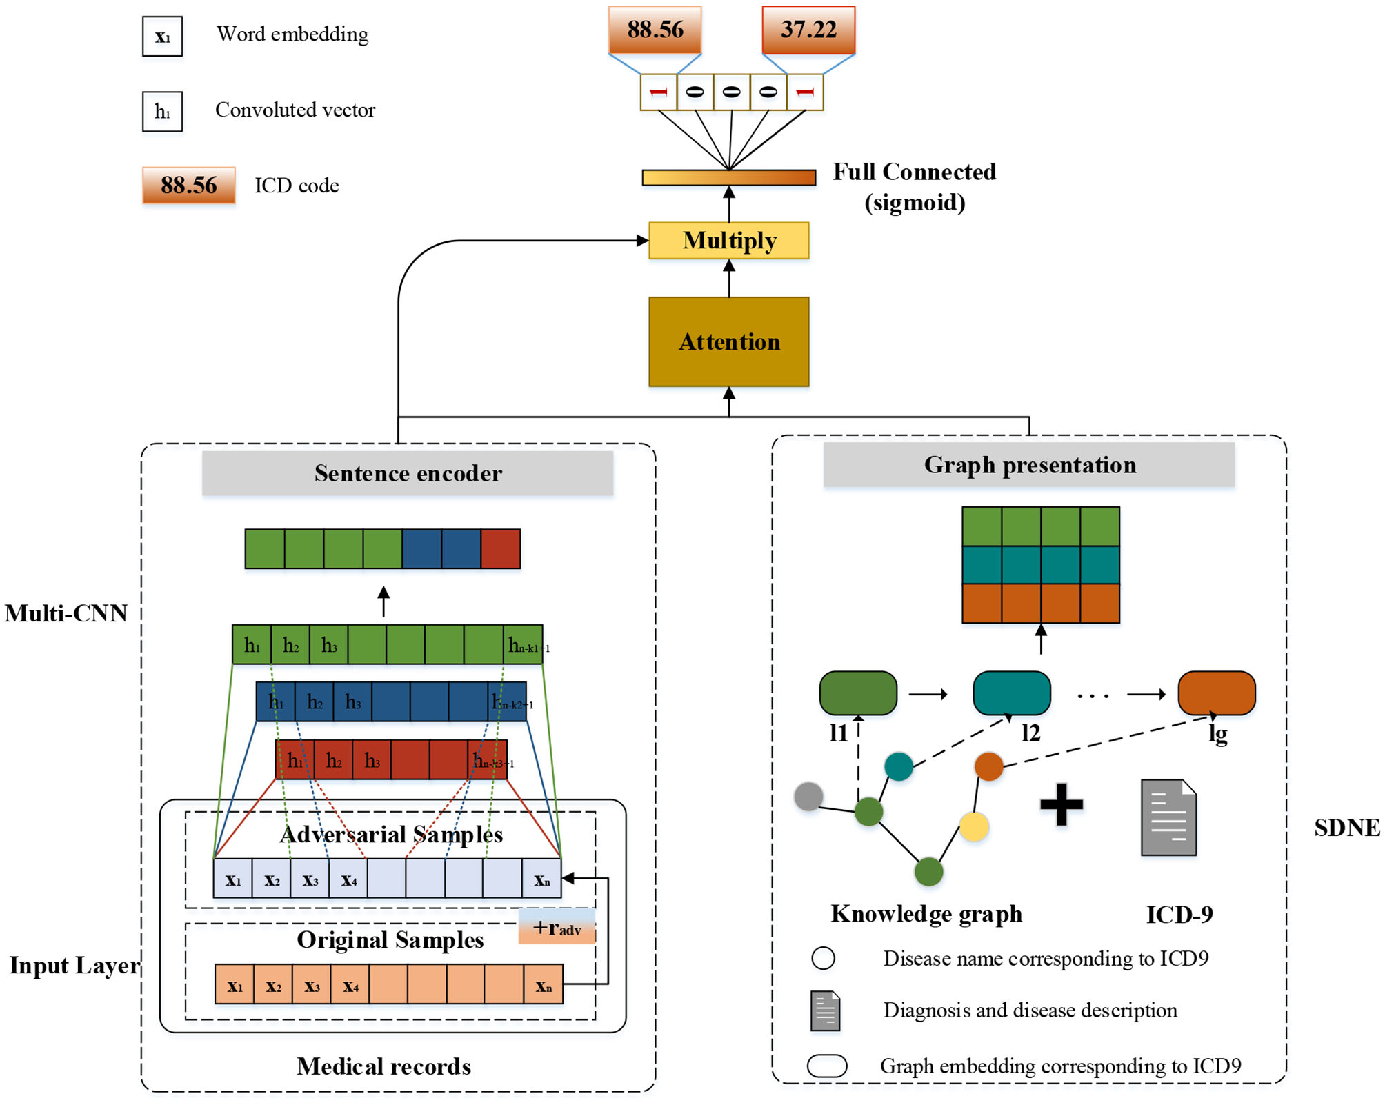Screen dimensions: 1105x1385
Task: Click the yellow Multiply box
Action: click(x=728, y=241)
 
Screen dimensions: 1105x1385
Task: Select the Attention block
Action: click(x=728, y=341)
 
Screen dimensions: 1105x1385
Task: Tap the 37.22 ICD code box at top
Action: click(x=808, y=30)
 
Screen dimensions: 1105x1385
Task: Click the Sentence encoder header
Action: click(x=408, y=473)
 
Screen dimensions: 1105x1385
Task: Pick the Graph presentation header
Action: click(x=1029, y=465)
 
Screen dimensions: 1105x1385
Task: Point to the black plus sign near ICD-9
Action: click(x=1061, y=804)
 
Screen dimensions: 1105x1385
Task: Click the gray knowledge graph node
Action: click(x=808, y=796)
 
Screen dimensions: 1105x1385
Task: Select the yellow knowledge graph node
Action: click(x=974, y=826)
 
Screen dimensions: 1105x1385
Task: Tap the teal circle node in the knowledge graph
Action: click(x=898, y=766)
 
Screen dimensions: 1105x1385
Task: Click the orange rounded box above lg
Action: click(x=1216, y=693)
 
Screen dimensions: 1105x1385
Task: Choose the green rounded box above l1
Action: click(x=858, y=693)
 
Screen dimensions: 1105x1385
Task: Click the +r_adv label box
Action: click(x=557, y=927)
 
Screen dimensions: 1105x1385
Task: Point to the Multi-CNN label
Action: click(x=66, y=613)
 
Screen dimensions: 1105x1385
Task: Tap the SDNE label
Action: click(x=1346, y=827)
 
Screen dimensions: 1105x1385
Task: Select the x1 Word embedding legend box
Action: click(x=162, y=37)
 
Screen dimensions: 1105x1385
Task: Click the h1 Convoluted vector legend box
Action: click(x=162, y=112)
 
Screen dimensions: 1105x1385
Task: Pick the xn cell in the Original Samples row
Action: click(x=544, y=985)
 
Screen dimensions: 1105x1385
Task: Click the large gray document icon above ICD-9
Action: click(x=1168, y=817)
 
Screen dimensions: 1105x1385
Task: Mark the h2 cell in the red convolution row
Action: click(x=334, y=760)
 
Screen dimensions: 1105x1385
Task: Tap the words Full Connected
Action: click(x=914, y=172)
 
